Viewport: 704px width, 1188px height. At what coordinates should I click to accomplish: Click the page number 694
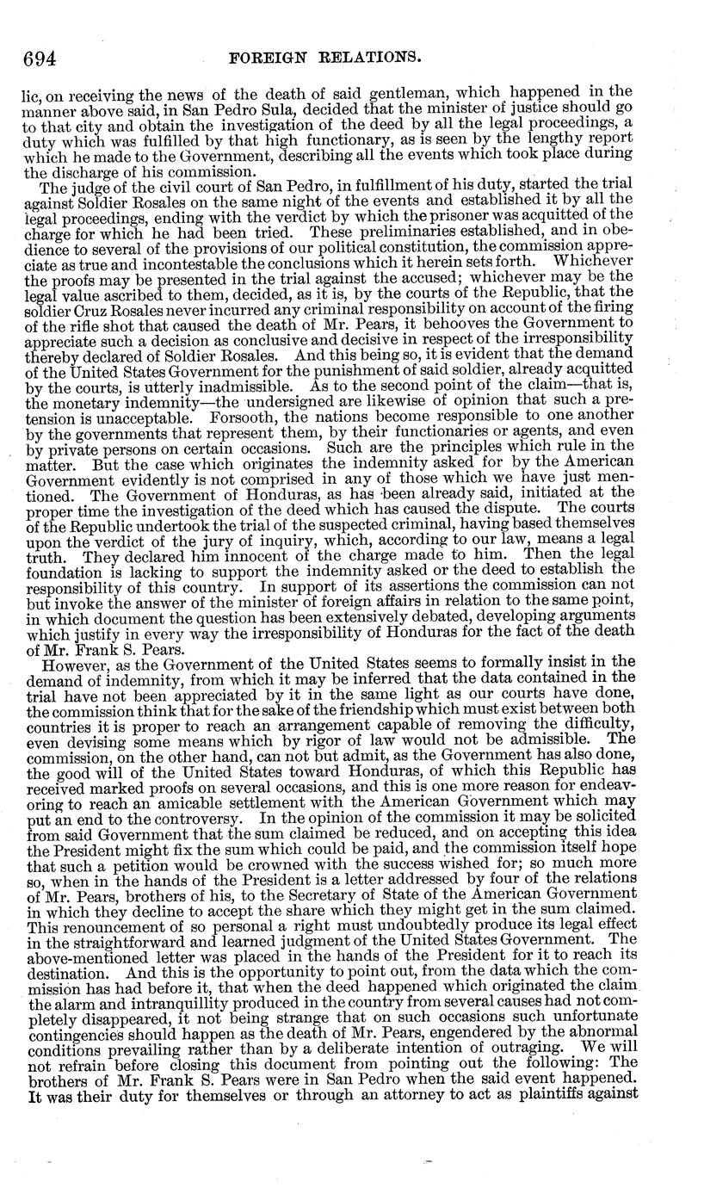point(39,59)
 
